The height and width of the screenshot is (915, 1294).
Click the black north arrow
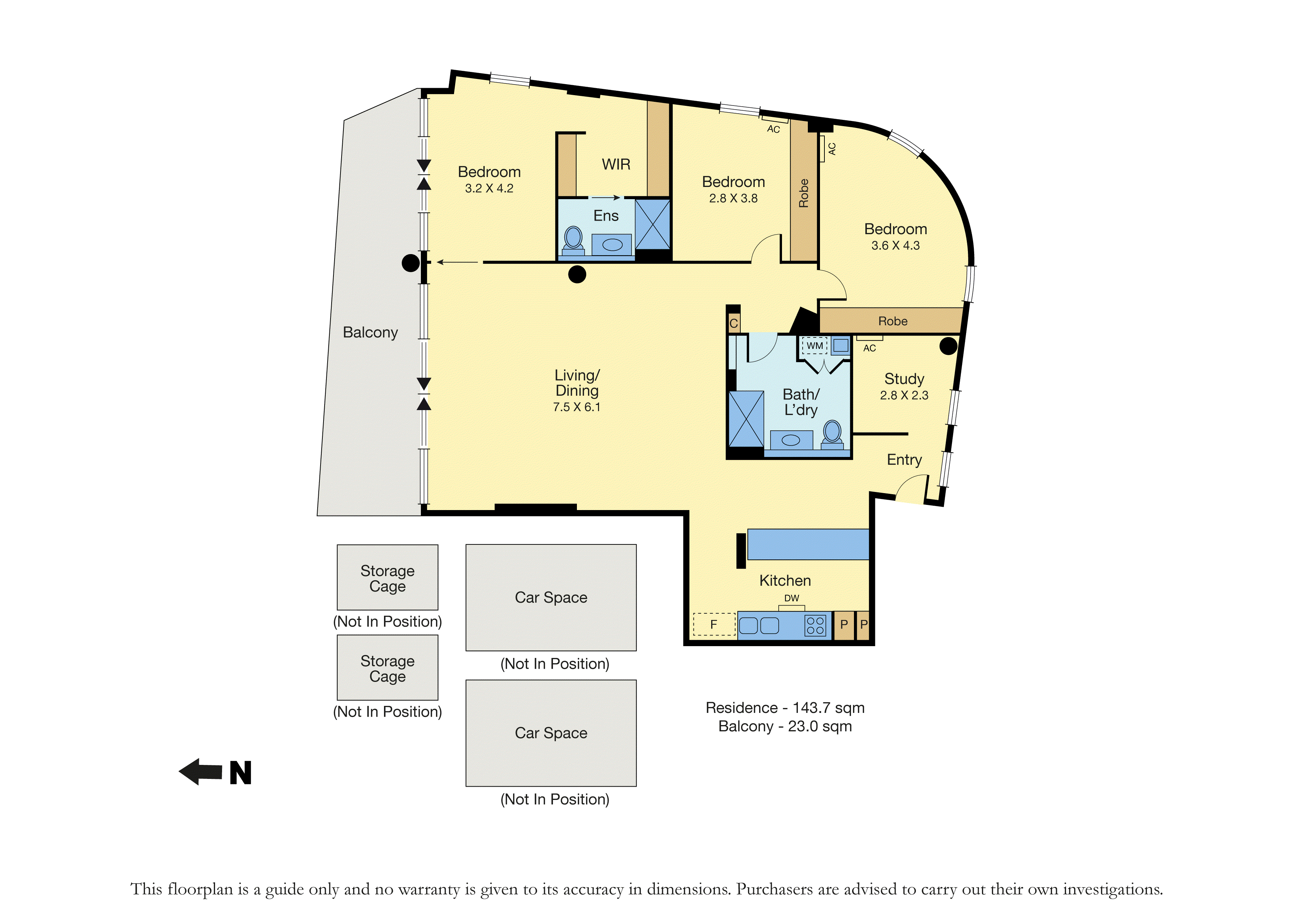coord(201,772)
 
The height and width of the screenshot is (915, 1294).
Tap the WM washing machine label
coord(814,345)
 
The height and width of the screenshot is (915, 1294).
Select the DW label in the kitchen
coord(792,598)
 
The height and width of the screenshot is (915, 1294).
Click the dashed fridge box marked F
coord(714,624)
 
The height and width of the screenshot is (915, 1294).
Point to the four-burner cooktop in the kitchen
coord(816,625)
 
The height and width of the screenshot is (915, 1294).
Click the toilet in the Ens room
coord(574,239)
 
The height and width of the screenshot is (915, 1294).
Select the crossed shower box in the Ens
coord(653,224)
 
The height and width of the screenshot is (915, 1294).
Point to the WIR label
coord(616,164)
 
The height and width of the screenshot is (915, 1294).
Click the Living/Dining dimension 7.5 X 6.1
coord(577,407)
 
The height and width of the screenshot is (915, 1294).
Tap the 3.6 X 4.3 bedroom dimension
coord(896,246)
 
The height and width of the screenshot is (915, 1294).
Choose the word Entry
coord(904,460)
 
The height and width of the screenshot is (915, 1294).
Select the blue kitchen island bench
coord(807,544)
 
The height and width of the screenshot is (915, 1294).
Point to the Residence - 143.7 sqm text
coord(785,708)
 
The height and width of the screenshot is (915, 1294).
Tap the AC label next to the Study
coord(870,348)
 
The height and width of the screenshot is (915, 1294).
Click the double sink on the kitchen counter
coord(759,625)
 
